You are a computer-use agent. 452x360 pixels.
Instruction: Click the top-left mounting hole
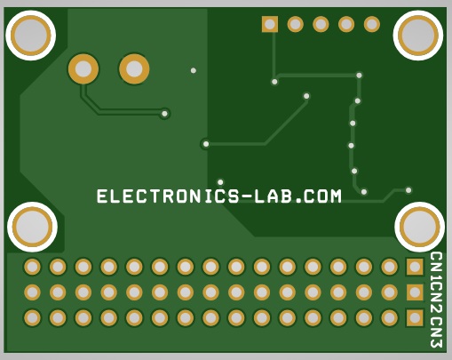pos(31,36)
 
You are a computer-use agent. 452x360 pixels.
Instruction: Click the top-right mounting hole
pos(418,36)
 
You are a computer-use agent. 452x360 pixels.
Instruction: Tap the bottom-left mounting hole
pos(32,227)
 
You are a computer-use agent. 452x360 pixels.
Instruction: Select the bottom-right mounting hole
pos(420,227)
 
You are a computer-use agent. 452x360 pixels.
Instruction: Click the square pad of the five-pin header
pos(270,24)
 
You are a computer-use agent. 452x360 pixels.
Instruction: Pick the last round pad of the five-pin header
pos(372,24)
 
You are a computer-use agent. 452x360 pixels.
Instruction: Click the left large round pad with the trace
pos(83,68)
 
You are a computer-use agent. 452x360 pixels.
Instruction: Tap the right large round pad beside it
pos(134,68)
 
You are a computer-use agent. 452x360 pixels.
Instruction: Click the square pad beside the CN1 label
pos(415,267)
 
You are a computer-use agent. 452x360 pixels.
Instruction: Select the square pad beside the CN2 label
pos(415,292)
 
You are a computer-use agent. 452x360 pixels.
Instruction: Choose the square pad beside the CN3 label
pos(415,318)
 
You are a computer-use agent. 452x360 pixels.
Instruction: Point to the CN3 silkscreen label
pos(436,332)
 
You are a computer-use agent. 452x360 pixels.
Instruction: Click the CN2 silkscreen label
pos(436,300)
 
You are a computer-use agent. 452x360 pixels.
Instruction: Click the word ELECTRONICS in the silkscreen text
pos(168,196)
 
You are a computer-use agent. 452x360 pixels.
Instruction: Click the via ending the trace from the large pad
pos(164,114)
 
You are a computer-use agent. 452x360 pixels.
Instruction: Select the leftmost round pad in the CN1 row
pos(32,267)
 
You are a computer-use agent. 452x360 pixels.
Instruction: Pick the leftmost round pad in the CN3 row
pos(32,318)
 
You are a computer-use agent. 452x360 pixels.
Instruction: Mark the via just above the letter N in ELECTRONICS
pos(220,182)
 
